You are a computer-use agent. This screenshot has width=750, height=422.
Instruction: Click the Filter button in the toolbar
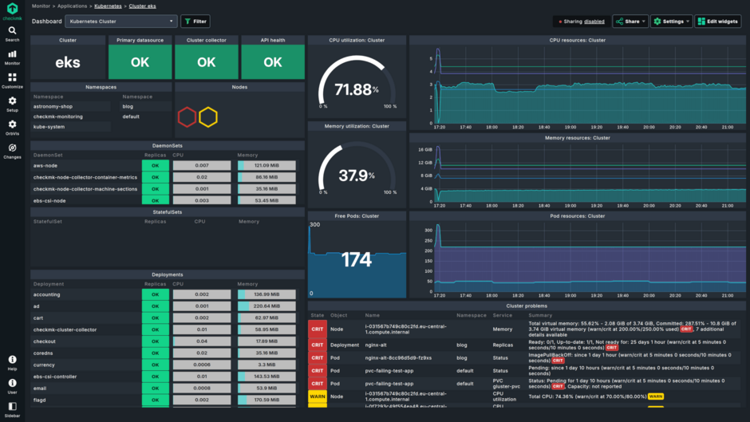click(195, 22)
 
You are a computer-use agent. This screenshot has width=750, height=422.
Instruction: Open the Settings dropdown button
click(671, 22)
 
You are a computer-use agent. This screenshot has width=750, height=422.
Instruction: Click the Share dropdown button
click(630, 22)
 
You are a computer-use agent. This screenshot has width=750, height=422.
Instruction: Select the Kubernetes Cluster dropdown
click(120, 22)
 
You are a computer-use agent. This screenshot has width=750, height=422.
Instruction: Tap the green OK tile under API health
click(272, 62)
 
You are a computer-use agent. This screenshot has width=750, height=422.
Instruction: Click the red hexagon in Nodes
click(187, 118)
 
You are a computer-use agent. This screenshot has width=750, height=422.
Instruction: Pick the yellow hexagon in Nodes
click(208, 118)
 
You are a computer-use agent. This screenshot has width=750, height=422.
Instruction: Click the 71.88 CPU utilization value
click(353, 89)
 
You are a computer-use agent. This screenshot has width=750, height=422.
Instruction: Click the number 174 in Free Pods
click(357, 259)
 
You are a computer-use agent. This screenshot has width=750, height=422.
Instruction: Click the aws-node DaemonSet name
click(46, 165)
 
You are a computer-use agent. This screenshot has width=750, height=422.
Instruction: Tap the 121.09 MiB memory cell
click(266, 165)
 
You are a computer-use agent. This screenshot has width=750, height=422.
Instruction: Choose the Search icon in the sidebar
click(12, 34)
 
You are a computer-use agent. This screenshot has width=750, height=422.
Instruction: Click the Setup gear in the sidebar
click(12, 104)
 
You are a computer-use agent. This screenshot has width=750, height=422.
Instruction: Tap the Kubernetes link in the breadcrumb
click(108, 6)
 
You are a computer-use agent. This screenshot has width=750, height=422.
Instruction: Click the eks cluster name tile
click(68, 62)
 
